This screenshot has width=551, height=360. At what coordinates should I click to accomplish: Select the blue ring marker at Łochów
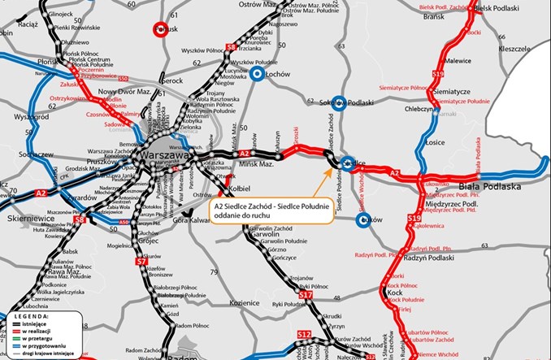pyautogui.click(x=257, y=75)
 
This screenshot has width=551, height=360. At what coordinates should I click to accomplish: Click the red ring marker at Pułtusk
pyautogui.click(x=160, y=30)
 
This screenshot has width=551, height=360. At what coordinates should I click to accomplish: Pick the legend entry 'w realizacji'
pyautogui.click(x=36, y=330)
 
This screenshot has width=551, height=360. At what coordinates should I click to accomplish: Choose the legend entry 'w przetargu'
pyautogui.click(x=36, y=337)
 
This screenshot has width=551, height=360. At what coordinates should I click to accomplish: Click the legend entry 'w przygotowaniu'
pyautogui.click(x=40, y=345)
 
